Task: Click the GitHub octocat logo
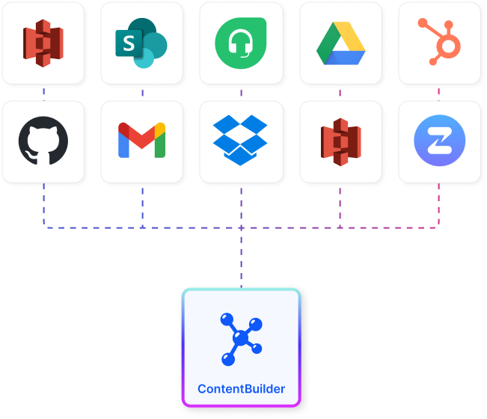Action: click(43, 141)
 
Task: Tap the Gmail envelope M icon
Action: click(141, 141)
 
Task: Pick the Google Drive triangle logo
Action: click(340, 44)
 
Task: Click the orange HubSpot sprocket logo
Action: click(439, 43)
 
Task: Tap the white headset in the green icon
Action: click(241, 44)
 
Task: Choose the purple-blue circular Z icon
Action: click(439, 141)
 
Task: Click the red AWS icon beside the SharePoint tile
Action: click(43, 43)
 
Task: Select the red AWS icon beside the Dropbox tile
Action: click(340, 141)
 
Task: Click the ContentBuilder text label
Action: click(241, 389)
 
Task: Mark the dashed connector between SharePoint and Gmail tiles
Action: click(142, 93)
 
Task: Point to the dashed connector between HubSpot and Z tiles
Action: click(439, 93)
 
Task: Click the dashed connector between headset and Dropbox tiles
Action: click(241, 93)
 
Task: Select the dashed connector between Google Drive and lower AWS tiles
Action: click(340, 93)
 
